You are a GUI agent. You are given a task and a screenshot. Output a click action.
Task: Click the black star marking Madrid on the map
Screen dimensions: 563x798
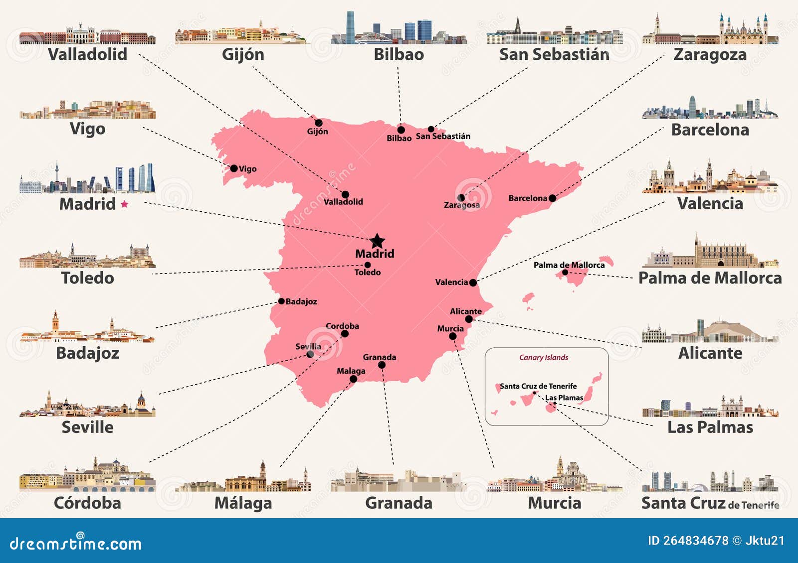click(378, 241)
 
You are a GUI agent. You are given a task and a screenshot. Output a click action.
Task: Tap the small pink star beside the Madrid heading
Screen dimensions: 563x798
click(124, 204)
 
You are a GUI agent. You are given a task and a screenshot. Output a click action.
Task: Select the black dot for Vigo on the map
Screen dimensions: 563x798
click(233, 168)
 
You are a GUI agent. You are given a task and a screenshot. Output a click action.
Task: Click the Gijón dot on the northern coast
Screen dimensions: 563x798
click(318, 123)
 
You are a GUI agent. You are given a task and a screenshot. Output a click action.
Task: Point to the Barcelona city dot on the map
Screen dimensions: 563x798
click(552, 198)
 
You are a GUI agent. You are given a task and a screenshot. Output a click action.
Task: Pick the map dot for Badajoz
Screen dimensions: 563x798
click(281, 301)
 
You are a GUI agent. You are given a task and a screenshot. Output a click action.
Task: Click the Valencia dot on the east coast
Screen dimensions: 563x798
click(473, 282)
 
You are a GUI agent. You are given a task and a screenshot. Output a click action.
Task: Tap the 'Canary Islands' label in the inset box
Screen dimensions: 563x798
click(543, 357)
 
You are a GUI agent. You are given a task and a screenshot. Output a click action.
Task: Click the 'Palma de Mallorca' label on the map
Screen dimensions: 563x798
click(569, 265)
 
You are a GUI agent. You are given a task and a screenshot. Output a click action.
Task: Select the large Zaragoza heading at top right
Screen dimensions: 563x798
click(710, 54)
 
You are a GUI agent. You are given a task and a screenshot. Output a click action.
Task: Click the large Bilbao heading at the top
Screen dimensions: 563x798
click(399, 54)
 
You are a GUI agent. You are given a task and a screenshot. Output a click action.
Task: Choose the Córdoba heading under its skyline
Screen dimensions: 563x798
click(87, 503)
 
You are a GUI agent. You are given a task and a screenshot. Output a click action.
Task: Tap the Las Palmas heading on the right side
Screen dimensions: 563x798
click(710, 427)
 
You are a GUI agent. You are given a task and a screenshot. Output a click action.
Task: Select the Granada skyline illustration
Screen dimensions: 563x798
click(399, 480)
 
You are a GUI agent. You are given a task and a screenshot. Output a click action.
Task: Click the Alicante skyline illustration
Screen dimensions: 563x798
click(710, 331)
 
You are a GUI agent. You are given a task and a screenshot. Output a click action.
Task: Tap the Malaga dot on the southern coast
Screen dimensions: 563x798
click(353, 379)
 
